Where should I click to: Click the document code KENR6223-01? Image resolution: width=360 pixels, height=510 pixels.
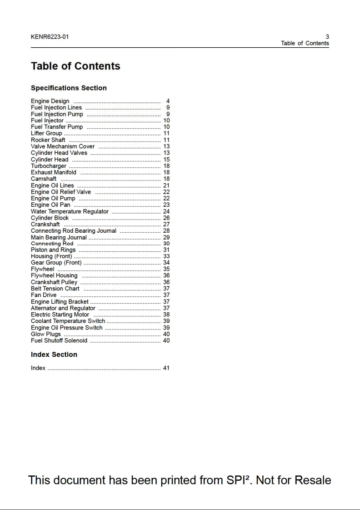(x=50, y=37)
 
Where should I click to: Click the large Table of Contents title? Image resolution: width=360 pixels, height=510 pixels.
(x=75, y=66)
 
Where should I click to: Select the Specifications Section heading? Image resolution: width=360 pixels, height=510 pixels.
(x=69, y=88)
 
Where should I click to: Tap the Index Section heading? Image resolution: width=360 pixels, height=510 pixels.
(x=54, y=355)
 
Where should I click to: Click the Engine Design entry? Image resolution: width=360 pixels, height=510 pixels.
(x=50, y=101)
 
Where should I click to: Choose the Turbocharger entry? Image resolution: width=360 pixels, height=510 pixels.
(x=48, y=166)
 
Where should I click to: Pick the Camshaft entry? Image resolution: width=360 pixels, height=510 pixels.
(x=44, y=179)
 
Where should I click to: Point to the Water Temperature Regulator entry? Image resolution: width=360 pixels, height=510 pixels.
(x=70, y=211)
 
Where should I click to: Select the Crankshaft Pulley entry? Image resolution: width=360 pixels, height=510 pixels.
(x=54, y=282)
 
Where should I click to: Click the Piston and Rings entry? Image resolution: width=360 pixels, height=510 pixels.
(x=53, y=250)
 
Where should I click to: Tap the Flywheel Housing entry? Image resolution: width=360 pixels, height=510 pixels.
(x=54, y=275)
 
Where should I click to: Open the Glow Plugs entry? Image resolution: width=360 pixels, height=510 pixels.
(x=46, y=334)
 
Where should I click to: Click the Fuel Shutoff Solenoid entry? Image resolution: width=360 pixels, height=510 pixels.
(x=59, y=340)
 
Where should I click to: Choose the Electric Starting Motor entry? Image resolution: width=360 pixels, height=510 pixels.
(x=60, y=315)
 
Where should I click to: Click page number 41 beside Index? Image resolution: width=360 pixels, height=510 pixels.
(x=166, y=368)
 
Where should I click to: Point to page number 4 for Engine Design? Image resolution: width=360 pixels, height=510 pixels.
(x=168, y=101)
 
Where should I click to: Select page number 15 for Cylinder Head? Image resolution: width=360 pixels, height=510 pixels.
(x=166, y=160)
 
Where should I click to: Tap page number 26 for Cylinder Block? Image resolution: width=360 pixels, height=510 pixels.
(x=166, y=218)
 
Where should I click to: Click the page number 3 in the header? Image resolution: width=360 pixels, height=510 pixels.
(x=327, y=37)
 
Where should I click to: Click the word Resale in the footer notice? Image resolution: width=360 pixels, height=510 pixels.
(x=313, y=480)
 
